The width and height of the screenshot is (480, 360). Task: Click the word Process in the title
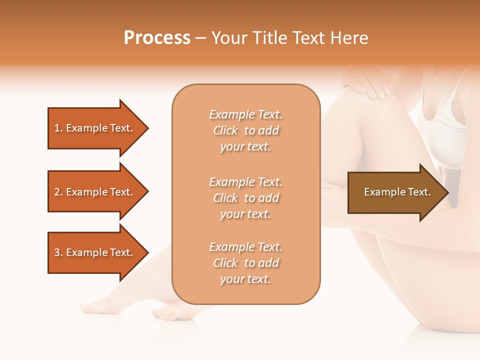point(157,38)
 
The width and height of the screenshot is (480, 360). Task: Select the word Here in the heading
point(348,38)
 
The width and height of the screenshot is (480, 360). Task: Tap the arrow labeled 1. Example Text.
point(95,128)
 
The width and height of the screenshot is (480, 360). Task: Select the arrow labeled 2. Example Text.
point(95,192)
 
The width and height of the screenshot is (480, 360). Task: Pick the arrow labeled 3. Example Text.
point(95,252)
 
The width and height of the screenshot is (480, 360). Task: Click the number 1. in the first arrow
point(58,128)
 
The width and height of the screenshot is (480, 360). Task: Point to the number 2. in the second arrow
point(58,192)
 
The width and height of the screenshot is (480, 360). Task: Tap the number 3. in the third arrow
point(58,252)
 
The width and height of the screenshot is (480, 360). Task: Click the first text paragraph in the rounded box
point(245,130)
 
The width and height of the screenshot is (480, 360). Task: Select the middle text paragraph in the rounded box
point(245,198)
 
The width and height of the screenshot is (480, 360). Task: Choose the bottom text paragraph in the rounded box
point(245,263)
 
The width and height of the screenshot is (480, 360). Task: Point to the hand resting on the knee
point(367,82)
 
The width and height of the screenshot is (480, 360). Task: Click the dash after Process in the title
point(200,38)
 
